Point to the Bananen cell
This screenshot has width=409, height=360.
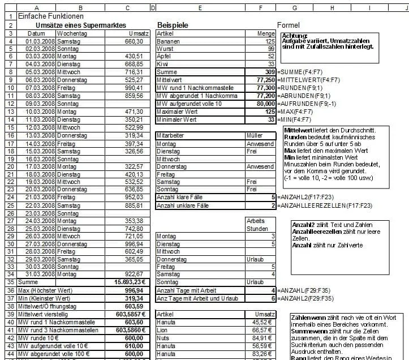169,41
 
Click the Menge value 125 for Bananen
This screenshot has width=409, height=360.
266,41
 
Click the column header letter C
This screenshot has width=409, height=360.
127,7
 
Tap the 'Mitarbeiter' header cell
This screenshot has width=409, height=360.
173,135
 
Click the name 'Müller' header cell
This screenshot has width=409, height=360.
255,135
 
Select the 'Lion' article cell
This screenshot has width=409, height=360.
163,329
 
